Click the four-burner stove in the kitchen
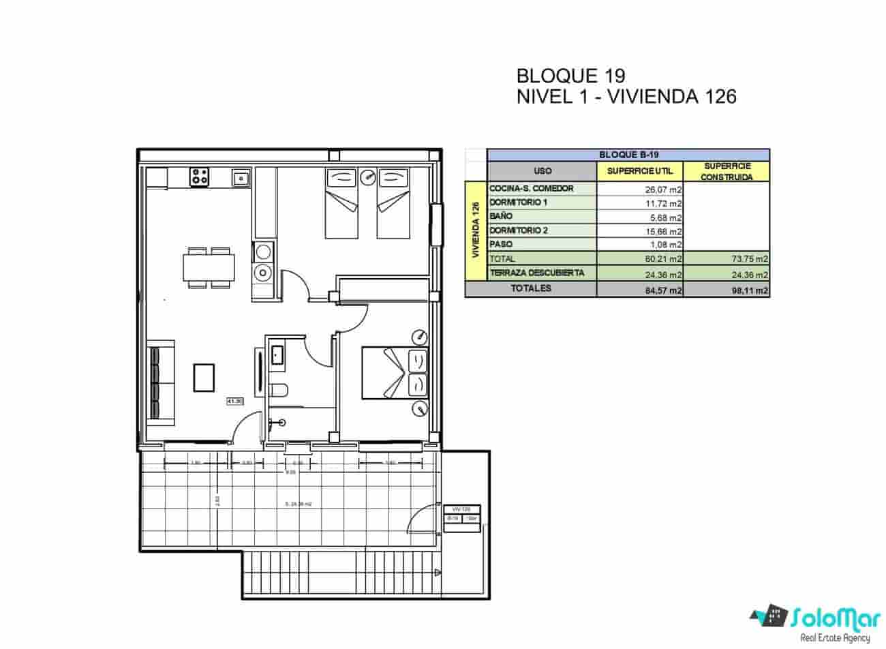200,177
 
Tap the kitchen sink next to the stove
240,179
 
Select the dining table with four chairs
209,267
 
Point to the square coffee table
204,378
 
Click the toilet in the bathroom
279,391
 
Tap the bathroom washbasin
277,354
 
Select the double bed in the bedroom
394,373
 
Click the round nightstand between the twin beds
368,177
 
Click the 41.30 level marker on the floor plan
235,402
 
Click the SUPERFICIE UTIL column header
639,171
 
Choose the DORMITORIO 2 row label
519,230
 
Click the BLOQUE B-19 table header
628,155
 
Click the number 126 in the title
720,97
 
